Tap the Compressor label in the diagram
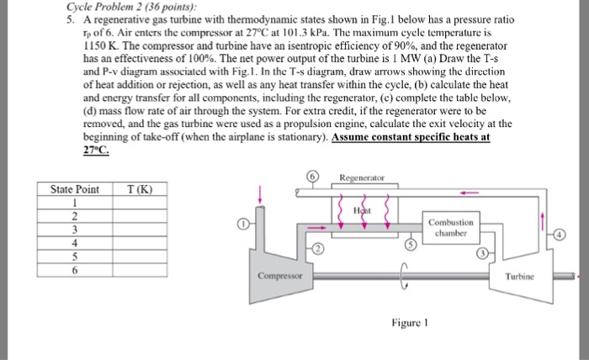281,276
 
